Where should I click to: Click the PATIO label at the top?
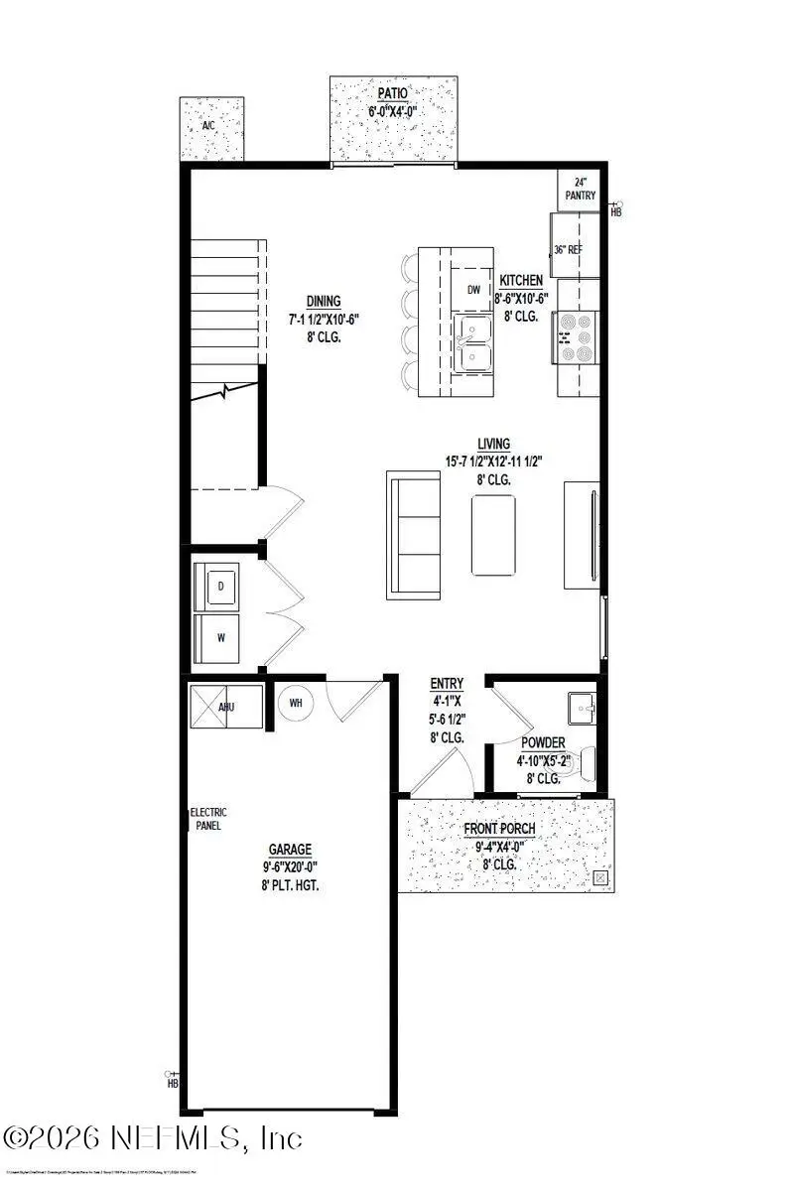point(392,94)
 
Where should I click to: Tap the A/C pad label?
point(208,126)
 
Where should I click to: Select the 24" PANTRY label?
point(581,189)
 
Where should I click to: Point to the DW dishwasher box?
point(473,289)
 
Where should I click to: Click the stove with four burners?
point(576,337)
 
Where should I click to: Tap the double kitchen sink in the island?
point(473,343)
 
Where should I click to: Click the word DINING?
point(324,302)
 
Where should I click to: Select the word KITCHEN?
point(522,280)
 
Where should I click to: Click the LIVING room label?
point(493,444)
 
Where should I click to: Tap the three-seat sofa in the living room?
point(414,536)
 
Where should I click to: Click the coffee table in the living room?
point(493,535)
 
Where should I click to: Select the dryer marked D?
point(219,586)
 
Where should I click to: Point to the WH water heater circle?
point(295,703)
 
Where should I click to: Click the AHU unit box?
point(226,707)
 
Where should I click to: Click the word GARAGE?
point(290,849)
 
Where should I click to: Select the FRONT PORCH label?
point(500,829)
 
